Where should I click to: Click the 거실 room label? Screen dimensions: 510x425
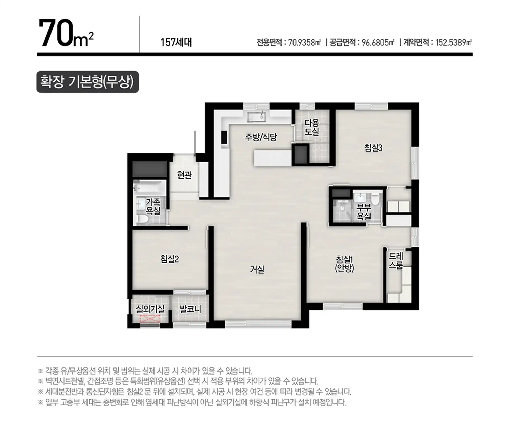257,269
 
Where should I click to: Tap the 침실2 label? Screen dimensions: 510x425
170,259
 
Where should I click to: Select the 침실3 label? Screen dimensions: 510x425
373,148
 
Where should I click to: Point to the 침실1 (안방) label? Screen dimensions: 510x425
344,264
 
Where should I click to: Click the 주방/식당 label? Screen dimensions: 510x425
261,137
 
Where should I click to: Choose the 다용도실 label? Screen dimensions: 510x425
312,127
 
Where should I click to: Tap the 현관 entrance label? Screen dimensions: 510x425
184,175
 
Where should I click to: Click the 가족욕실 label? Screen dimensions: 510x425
153,207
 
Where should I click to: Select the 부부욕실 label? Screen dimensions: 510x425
364,212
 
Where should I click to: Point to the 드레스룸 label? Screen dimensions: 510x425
396,261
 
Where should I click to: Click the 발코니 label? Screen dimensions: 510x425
190,309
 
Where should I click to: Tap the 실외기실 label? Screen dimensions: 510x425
150,309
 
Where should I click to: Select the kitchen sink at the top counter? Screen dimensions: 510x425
256,117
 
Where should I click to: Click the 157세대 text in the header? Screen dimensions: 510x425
176,42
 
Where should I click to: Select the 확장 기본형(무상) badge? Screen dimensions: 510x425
88,82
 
